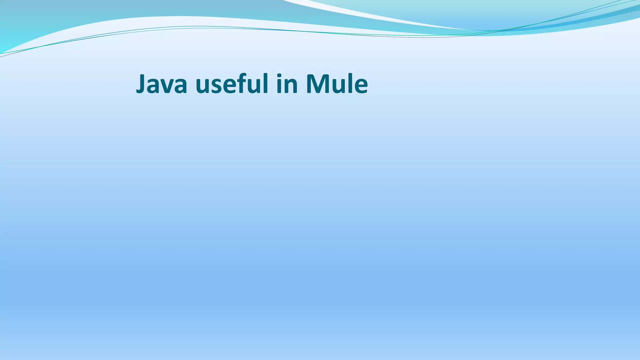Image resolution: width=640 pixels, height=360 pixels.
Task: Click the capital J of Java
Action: click(141, 84)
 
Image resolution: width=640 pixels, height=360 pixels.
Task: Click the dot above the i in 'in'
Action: click(279, 75)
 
